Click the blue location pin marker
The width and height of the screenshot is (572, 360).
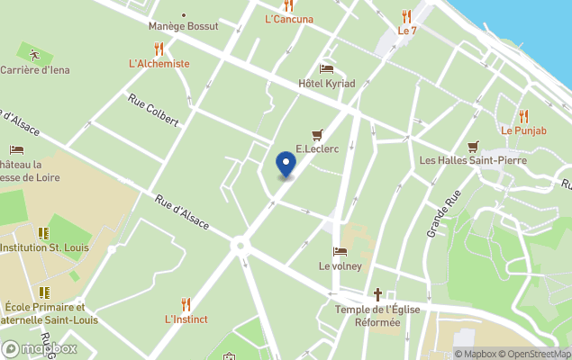[286, 165]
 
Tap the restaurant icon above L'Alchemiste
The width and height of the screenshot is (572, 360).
[159, 49]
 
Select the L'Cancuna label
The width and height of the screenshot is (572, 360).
[289, 19]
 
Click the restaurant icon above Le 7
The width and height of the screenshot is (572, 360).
[407, 15]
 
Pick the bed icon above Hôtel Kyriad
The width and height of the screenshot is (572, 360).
[326, 68]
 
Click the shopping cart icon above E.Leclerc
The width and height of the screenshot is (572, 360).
[316, 135]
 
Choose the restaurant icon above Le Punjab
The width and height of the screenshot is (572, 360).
[523, 115]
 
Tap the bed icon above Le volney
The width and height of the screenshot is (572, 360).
[340, 251]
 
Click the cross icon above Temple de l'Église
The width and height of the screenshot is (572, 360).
[378, 293]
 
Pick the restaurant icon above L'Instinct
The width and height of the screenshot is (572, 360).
[186, 304]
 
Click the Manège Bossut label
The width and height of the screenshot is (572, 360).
[184, 26]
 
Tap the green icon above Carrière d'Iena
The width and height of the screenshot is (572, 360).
[34, 55]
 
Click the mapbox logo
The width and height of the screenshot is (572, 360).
[40, 348]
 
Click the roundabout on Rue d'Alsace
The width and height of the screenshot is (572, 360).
[241, 244]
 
